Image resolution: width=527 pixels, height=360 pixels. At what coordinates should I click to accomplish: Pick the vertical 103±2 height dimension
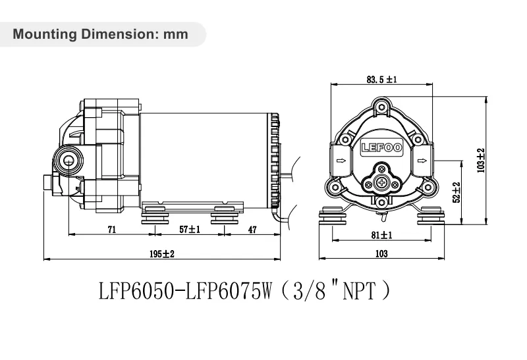pyautogui.click(x=481, y=159)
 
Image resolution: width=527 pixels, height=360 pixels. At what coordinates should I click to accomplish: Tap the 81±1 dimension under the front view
pyautogui.click(x=382, y=235)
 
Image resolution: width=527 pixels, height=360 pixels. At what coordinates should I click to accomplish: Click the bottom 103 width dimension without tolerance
pyautogui.click(x=381, y=253)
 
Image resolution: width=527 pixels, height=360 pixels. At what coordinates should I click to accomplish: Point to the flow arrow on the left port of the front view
pyautogui.click(x=341, y=160)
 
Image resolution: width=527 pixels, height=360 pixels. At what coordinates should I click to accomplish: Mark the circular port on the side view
pyautogui.click(x=66, y=159)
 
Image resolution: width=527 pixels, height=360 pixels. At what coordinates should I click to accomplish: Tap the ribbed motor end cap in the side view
pyautogui.click(x=275, y=158)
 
